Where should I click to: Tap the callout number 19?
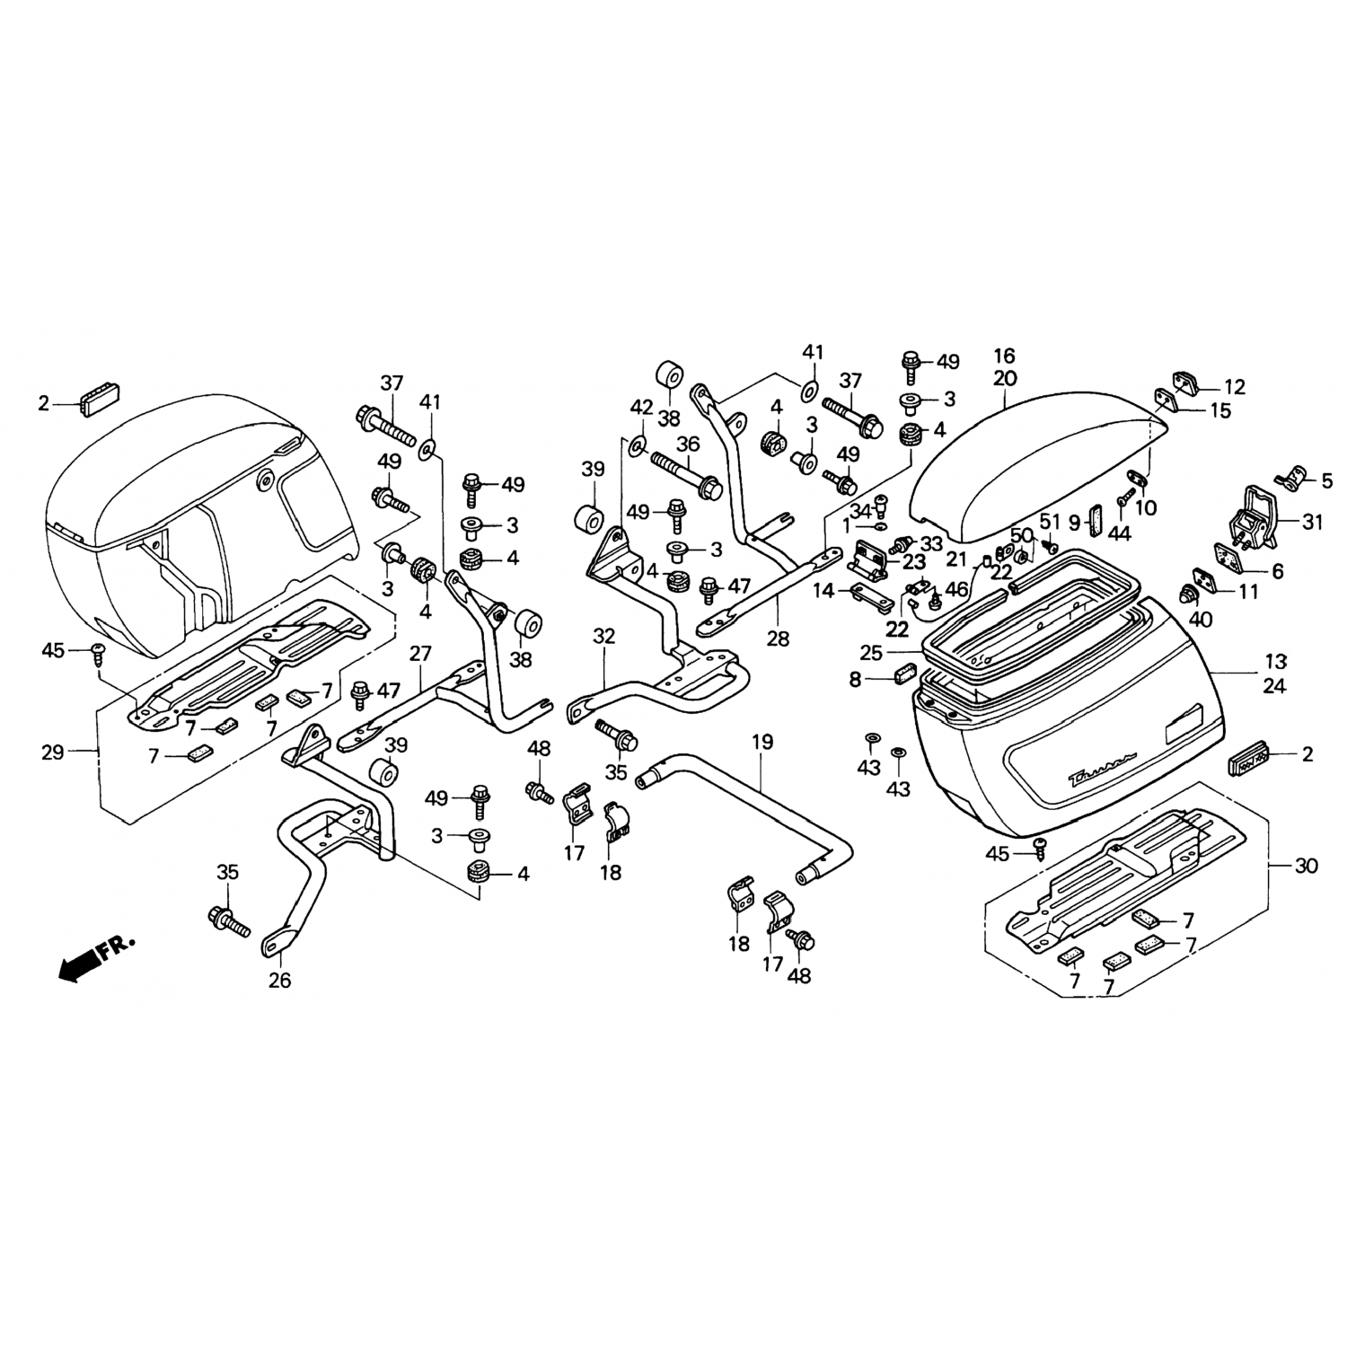click(762, 742)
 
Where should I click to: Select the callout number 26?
click(279, 981)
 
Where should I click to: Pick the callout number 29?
click(52, 753)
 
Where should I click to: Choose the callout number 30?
click(1306, 867)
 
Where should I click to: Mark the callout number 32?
click(604, 637)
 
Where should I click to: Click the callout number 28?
click(778, 638)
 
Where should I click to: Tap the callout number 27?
click(420, 653)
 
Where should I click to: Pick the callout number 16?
click(1005, 356)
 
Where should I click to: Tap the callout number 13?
click(1275, 663)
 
